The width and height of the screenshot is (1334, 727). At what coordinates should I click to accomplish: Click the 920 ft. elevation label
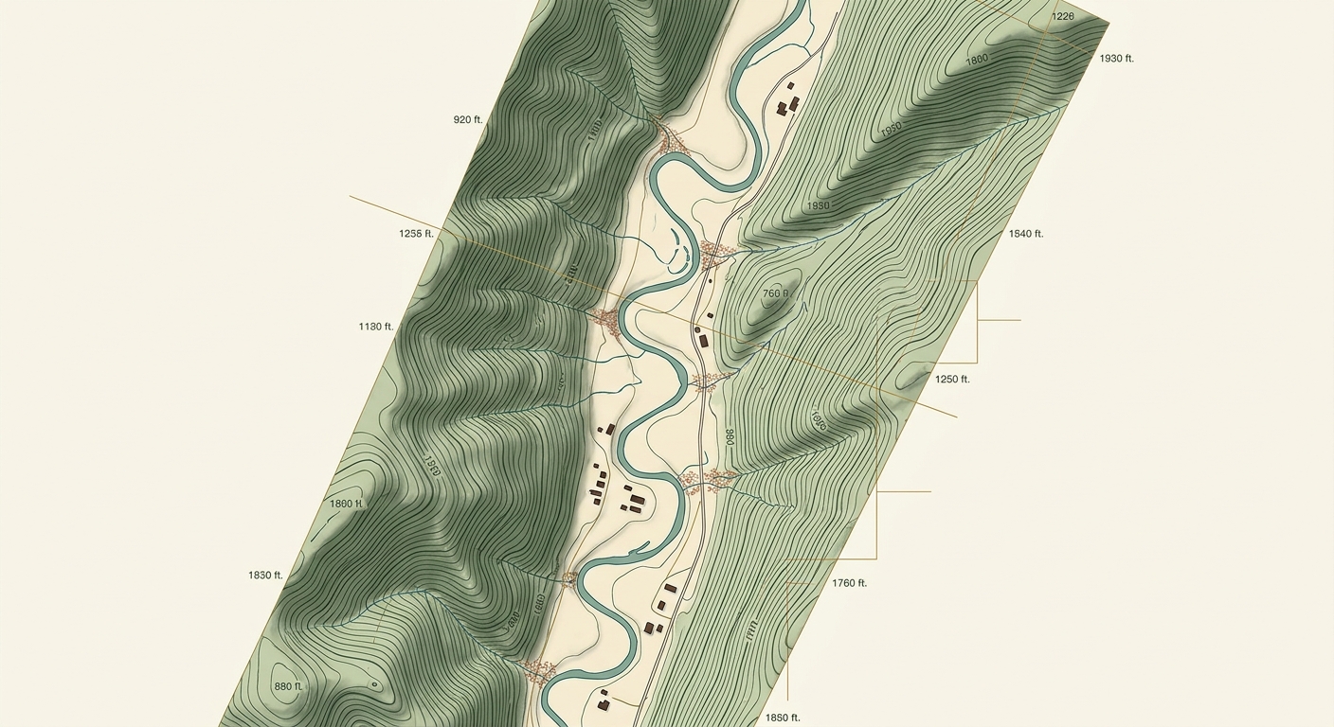[468, 120]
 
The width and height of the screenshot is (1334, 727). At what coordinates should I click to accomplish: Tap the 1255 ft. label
[416, 233]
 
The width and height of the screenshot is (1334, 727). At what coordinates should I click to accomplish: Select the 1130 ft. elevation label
[375, 327]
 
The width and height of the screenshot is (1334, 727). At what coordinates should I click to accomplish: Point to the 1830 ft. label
[265, 576]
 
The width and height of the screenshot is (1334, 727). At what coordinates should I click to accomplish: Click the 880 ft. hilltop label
[287, 686]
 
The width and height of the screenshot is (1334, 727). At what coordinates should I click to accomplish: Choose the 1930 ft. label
[1116, 59]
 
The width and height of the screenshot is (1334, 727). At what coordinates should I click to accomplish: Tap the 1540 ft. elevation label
[1025, 234]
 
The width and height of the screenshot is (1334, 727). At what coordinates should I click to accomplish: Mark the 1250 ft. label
[952, 380]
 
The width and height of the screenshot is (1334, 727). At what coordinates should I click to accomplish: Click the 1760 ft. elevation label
[849, 583]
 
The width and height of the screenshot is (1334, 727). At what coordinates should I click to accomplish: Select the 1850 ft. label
[783, 718]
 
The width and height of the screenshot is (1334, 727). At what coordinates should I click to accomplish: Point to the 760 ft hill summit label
[775, 293]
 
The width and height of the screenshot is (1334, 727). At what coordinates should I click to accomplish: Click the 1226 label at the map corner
[1063, 16]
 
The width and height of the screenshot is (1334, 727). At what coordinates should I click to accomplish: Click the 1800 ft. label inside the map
[346, 504]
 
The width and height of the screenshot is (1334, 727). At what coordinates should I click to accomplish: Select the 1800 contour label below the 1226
[976, 60]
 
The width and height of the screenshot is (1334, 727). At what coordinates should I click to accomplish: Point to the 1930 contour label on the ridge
[817, 205]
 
